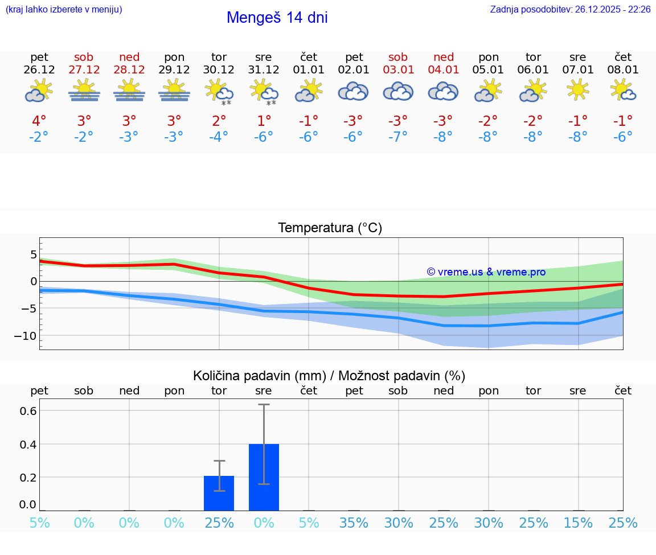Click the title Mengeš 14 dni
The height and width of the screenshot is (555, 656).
tap(277, 18)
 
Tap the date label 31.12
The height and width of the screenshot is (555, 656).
tap(264, 69)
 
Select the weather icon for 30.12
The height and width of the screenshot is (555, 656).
tap(219, 92)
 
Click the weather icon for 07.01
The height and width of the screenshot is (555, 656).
tap(578, 90)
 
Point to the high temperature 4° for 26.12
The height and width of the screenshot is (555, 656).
tap(39, 121)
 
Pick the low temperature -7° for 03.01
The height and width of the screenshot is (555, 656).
tap(398, 137)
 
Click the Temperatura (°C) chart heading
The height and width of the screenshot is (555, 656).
tap(330, 228)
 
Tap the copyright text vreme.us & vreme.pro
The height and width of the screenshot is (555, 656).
tap(486, 272)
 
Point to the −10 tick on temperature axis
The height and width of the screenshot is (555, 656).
tap(25, 336)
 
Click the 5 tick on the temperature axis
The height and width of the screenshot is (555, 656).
tap(34, 254)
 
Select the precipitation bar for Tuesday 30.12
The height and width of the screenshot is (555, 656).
tap(219, 493)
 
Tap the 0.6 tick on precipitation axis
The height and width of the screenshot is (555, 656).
tap(28, 411)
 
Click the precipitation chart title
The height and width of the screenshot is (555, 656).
tap(329, 376)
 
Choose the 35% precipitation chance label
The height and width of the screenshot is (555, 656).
tap(354, 523)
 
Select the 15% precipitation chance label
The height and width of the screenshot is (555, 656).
tap(578, 523)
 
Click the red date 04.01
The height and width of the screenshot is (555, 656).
tap(443, 69)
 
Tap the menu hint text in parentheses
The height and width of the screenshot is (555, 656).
tap(63, 10)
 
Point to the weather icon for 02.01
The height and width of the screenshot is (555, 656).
tap(354, 91)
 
